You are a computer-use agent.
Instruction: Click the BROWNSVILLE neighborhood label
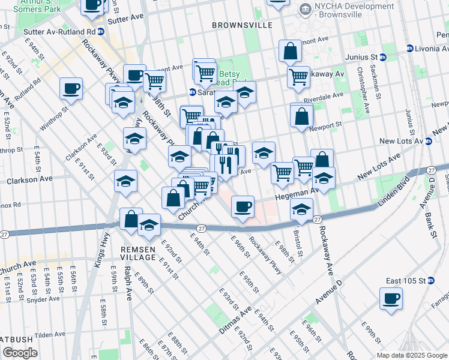[242, 25]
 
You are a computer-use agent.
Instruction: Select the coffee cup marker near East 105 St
[391, 298]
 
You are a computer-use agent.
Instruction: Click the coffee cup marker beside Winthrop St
[71, 89]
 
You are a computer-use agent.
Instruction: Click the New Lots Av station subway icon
[429, 142]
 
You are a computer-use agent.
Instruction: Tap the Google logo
[20, 353]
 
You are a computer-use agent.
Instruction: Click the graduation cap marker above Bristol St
[301, 209]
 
